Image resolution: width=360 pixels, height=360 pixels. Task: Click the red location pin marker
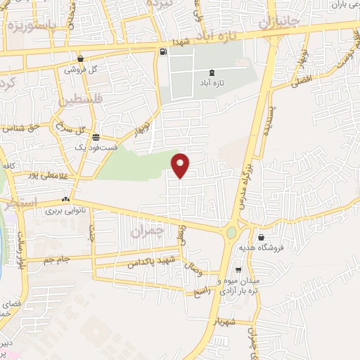(181, 164)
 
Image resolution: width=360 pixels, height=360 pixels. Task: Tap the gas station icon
(164, 51)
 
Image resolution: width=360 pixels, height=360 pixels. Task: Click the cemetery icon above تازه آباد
(213, 72)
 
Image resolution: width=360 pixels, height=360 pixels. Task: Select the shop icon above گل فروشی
(82, 58)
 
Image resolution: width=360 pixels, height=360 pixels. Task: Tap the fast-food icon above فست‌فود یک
(96, 137)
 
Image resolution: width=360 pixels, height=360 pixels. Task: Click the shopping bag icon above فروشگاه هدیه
(262, 238)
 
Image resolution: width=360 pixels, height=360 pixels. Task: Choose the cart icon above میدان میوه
(238, 269)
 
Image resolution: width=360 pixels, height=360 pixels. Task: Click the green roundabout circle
(231, 232)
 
